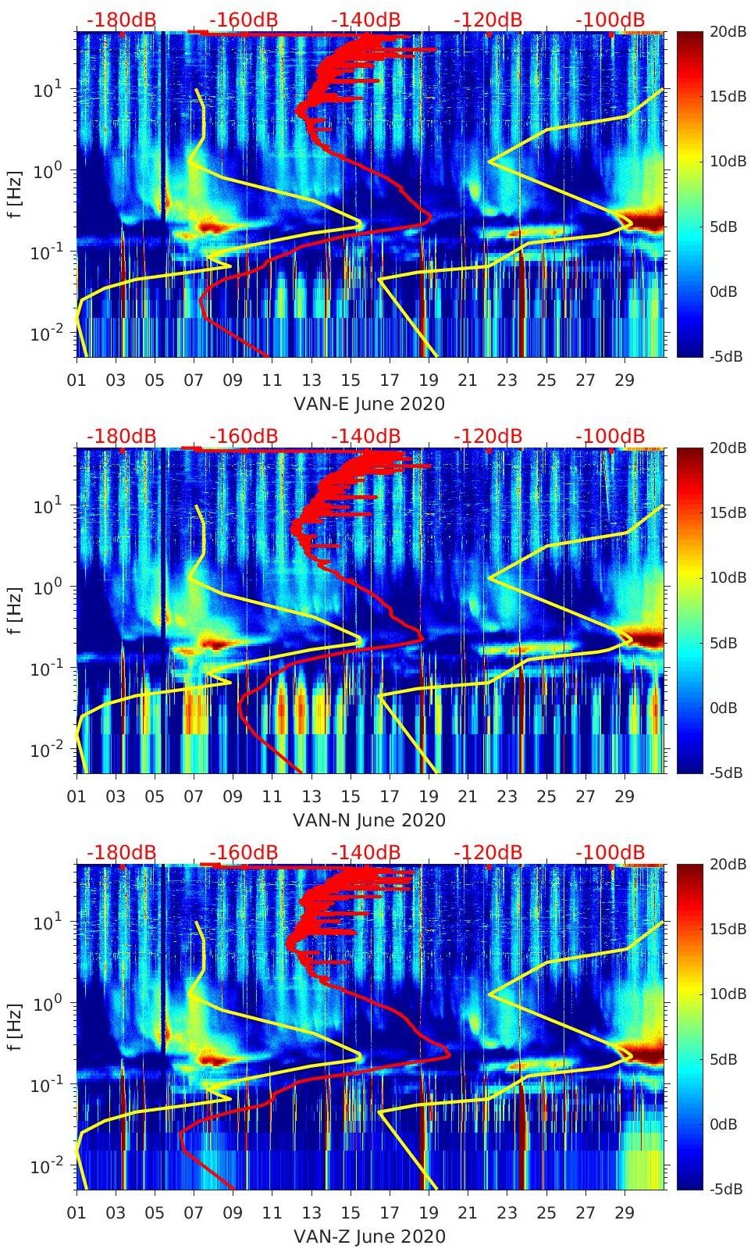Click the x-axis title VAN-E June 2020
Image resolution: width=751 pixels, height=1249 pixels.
tap(368, 404)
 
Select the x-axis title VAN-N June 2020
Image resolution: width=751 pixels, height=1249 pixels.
tap(369, 820)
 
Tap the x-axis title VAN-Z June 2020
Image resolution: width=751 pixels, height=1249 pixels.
tap(369, 1237)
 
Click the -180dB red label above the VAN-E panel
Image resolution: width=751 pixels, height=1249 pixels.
tap(121, 20)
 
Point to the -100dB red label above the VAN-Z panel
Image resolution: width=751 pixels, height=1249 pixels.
tap(610, 852)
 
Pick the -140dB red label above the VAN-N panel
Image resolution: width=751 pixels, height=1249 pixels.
tap(365, 436)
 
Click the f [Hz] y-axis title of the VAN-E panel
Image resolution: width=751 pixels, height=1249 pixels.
tap(14, 194)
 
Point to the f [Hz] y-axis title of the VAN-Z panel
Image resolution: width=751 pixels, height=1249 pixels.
tap(14, 1026)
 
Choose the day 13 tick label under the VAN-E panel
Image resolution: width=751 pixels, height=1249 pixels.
tap(311, 380)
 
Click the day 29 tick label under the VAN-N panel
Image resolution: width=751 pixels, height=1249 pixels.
tap(624, 797)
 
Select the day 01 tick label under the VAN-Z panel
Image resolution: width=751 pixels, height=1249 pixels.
tap(77, 1213)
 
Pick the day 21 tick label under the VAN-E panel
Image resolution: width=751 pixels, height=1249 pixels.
tap(468, 380)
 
